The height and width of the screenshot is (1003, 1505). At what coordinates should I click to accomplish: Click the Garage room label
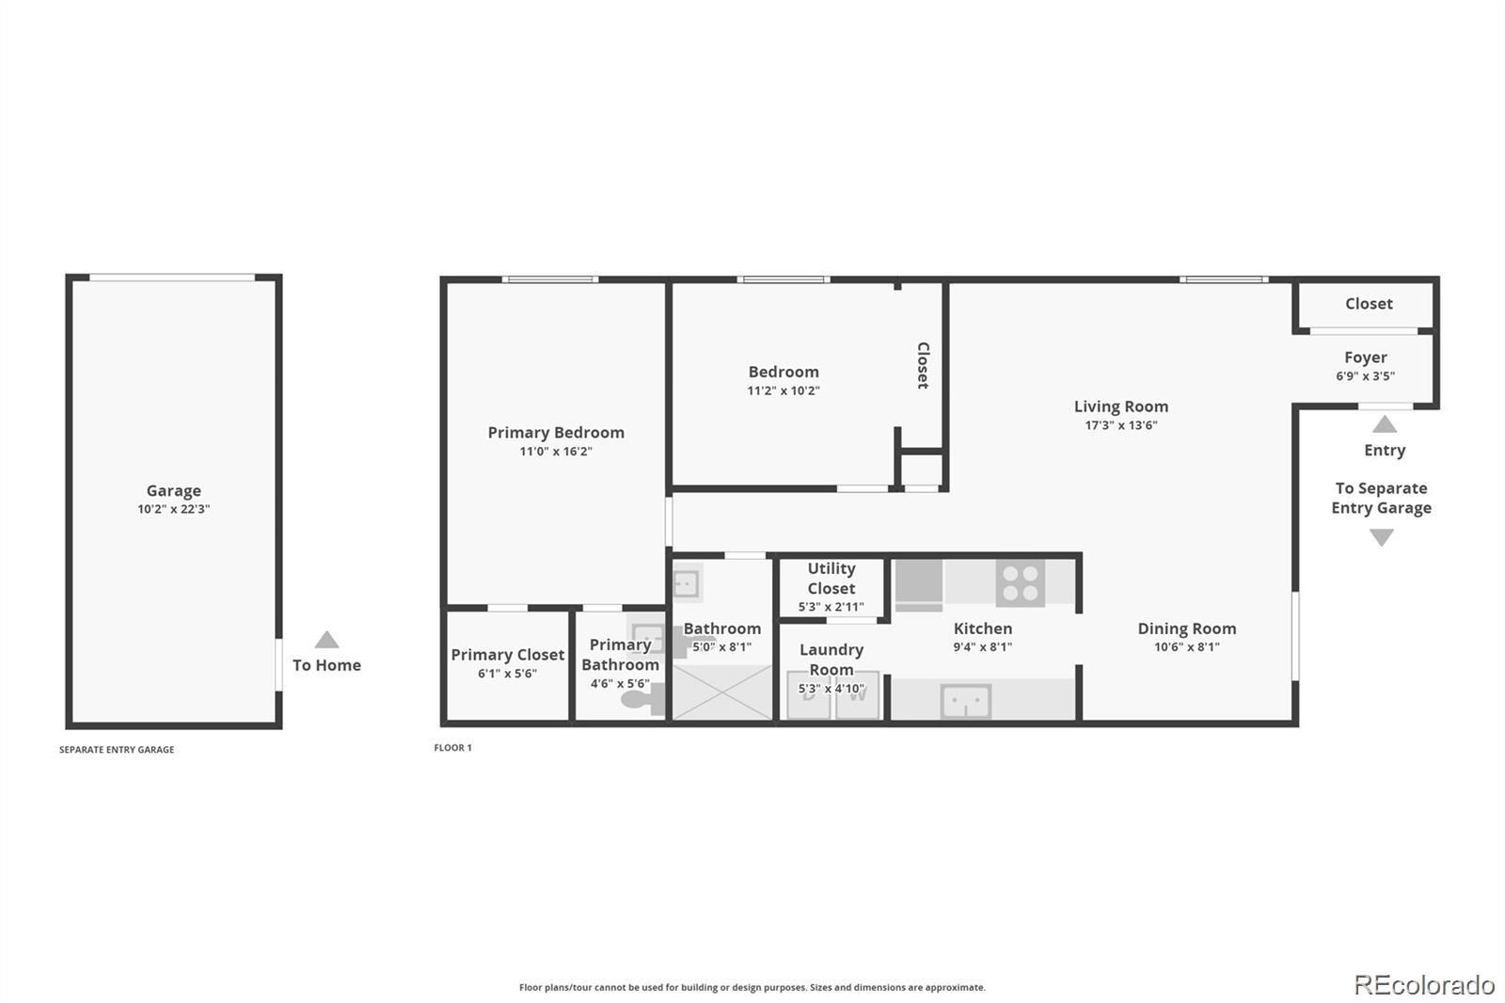(173, 490)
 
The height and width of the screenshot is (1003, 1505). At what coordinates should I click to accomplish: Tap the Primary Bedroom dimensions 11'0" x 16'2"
(556, 452)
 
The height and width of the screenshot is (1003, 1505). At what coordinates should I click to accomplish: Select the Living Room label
(1121, 406)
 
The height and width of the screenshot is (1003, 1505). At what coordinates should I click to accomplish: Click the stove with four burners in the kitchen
(1021, 582)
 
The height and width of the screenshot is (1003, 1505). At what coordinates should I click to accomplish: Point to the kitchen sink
(965, 701)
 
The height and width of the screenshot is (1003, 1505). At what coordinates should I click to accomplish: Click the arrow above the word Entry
(1385, 424)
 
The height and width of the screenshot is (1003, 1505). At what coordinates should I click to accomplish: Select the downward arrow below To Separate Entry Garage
(1381, 537)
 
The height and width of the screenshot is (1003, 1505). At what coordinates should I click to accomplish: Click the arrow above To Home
(326, 640)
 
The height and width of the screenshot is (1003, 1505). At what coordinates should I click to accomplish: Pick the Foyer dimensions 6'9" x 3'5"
(1365, 376)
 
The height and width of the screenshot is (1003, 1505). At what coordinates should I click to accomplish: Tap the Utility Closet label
(832, 578)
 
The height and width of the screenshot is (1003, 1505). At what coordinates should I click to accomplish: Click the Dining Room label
(1186, 629)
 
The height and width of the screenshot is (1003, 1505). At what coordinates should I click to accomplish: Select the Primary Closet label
(507, 655)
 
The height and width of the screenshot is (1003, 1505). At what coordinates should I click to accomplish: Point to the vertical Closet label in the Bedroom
(923, 365)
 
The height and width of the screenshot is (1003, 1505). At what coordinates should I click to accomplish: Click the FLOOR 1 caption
(452, 748)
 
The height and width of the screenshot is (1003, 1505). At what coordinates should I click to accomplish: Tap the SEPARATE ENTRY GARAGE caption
(117, 750)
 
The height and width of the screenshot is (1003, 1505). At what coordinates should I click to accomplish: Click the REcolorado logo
(1424, 984)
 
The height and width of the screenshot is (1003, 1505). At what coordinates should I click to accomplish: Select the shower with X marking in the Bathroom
(721, 692)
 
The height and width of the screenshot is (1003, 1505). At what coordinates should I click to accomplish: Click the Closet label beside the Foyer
(1368, 304)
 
